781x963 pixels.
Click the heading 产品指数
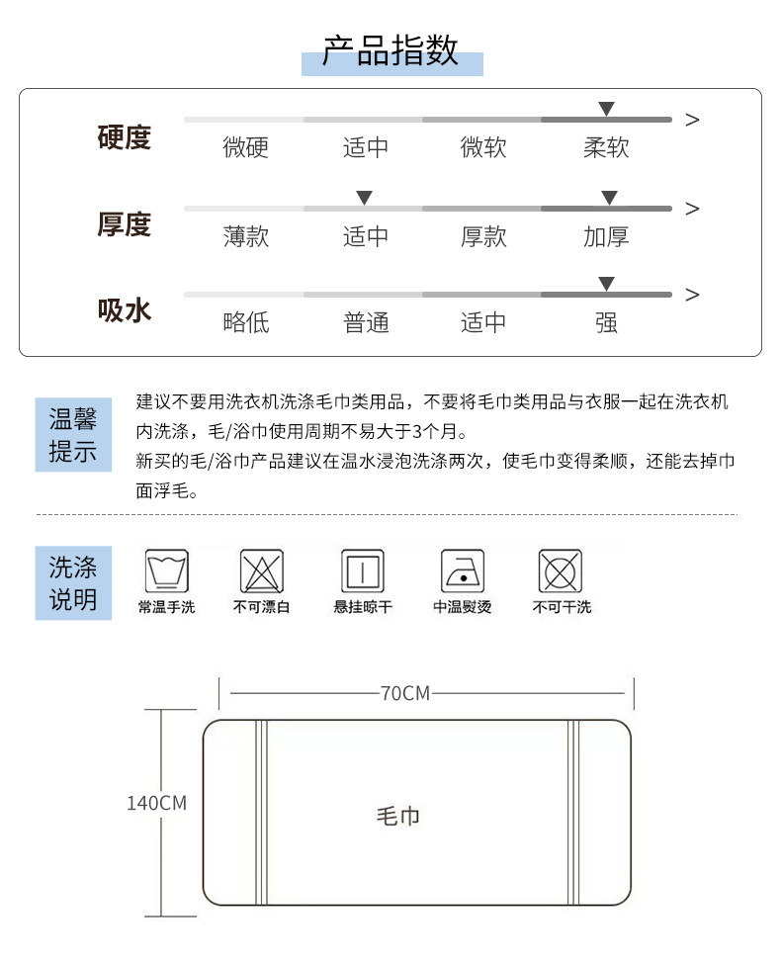[x=391, y=50]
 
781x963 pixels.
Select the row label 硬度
[x=125, y=136]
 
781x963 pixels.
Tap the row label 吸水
[x=125, y=310]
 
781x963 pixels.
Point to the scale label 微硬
[x=245, y=148]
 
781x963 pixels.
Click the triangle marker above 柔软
[x=606, y=109]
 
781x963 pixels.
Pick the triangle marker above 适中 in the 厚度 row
[x=364, y=198]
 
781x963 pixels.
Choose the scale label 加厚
[x=606, y=236]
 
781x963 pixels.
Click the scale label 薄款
[x=245, y=236]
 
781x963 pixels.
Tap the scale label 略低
[x=245, y=322]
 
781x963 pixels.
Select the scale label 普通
[x=366, y=322]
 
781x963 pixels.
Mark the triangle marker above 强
[x=606, y=285]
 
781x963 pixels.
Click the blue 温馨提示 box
[x=73, y=436]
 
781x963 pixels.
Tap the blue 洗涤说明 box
[x=73, y=582]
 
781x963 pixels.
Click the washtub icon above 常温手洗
[x=166, y=571]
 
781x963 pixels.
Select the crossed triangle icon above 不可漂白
[x=262, y=571]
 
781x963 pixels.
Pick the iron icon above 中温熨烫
[x=462, y=571]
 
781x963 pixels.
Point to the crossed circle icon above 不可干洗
[x=561, y=571]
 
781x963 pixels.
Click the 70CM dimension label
[x=405, y=693]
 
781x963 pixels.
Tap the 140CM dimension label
[x=156, y=803]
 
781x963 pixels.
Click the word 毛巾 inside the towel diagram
[x=398, y=816]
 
